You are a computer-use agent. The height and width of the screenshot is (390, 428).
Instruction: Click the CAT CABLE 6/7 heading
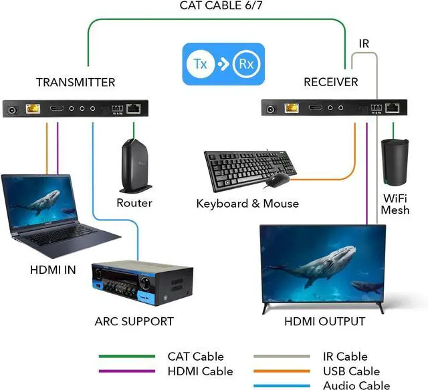215,6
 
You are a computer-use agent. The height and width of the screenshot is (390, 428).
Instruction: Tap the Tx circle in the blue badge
200,65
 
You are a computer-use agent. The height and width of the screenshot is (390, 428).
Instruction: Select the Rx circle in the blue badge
247,65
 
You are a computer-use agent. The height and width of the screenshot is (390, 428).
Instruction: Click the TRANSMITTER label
76,83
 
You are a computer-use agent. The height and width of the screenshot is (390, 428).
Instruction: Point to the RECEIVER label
331,83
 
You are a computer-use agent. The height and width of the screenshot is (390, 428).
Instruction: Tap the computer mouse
278,179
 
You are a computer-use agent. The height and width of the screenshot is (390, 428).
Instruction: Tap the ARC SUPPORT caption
134,322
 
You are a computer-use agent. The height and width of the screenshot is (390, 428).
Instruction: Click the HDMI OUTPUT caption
325,322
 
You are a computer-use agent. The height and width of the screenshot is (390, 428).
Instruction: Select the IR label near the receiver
364,44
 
